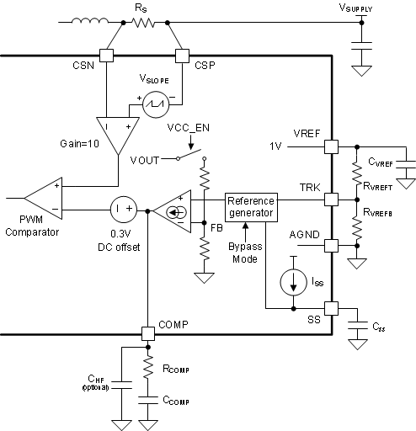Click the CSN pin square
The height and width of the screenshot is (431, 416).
pos(106,56)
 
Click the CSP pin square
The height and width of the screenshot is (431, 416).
pos(182,56)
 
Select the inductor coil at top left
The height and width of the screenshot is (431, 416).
pos(86,22)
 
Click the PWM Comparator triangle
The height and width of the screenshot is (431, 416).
pos(43,200)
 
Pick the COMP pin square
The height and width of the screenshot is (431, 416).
pos(147,333)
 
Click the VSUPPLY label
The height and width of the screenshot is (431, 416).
pos(361,7)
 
